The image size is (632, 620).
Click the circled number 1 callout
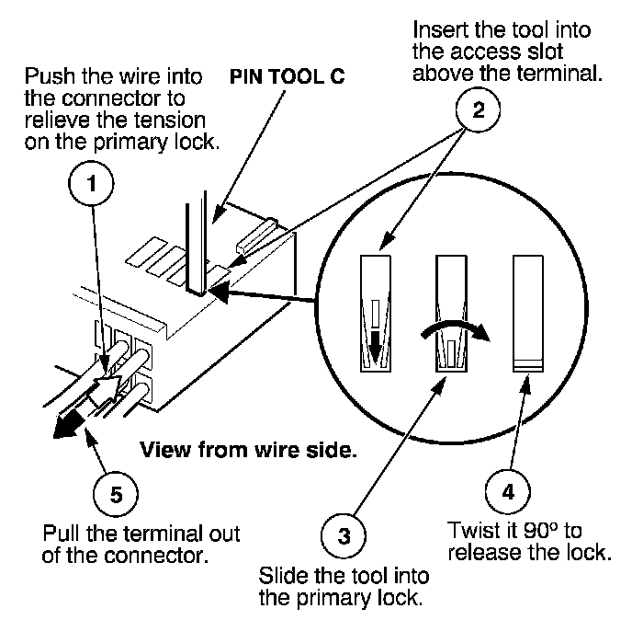(x=92, y=184)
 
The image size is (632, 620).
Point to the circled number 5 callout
(x=115, y=494)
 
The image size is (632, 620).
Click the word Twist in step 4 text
(x=471, y=531)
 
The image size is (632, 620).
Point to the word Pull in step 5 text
(x=61, y=534)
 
